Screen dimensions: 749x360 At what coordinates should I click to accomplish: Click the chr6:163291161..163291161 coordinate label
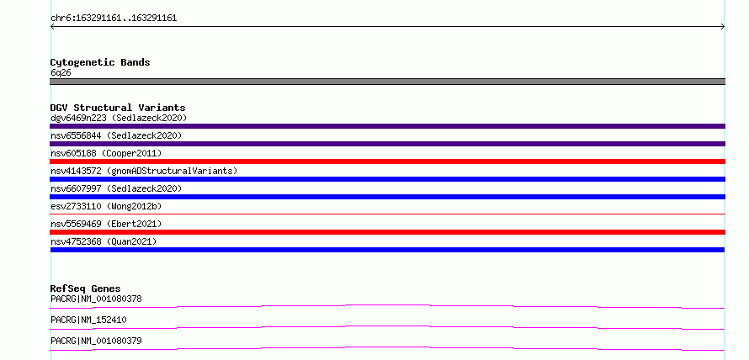tap(114, 19)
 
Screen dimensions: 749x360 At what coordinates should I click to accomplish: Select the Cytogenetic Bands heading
tap(100, 62)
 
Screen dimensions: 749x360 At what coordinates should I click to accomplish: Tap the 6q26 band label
tap(61, 72)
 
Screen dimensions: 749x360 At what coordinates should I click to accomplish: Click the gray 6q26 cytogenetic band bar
tap(387, 82)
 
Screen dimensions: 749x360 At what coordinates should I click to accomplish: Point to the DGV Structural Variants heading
tap(118, 108)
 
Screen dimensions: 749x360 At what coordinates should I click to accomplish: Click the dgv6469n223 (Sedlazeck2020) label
tap(119, 118)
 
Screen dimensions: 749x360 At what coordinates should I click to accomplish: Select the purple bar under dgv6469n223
tap(387, 126)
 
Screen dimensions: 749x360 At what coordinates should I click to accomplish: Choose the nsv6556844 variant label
tap(116, 135)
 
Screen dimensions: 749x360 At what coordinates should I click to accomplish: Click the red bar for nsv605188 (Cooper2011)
tap(387, 161)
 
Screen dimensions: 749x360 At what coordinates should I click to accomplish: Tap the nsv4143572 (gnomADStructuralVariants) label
tap(144, 171)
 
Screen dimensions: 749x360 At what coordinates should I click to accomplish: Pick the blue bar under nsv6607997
tap(387, 197)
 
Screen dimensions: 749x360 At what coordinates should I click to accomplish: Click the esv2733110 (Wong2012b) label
tap(106, 206)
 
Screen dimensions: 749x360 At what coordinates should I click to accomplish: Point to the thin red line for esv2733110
tap(387, 214)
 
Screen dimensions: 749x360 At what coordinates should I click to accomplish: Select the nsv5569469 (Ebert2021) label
tap(106, 224)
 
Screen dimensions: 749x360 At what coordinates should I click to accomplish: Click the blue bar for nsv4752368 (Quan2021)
tap(387, 250)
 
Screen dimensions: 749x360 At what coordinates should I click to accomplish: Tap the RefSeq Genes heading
tap(86, 289)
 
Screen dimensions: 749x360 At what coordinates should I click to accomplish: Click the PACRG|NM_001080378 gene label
tap(96, 299)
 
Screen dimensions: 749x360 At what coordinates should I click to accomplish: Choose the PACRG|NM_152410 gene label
tap(88, 320)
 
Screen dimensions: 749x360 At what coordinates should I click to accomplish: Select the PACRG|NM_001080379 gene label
tap(96, 341)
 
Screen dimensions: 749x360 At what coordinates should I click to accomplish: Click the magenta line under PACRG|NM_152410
tap(387, 326)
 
